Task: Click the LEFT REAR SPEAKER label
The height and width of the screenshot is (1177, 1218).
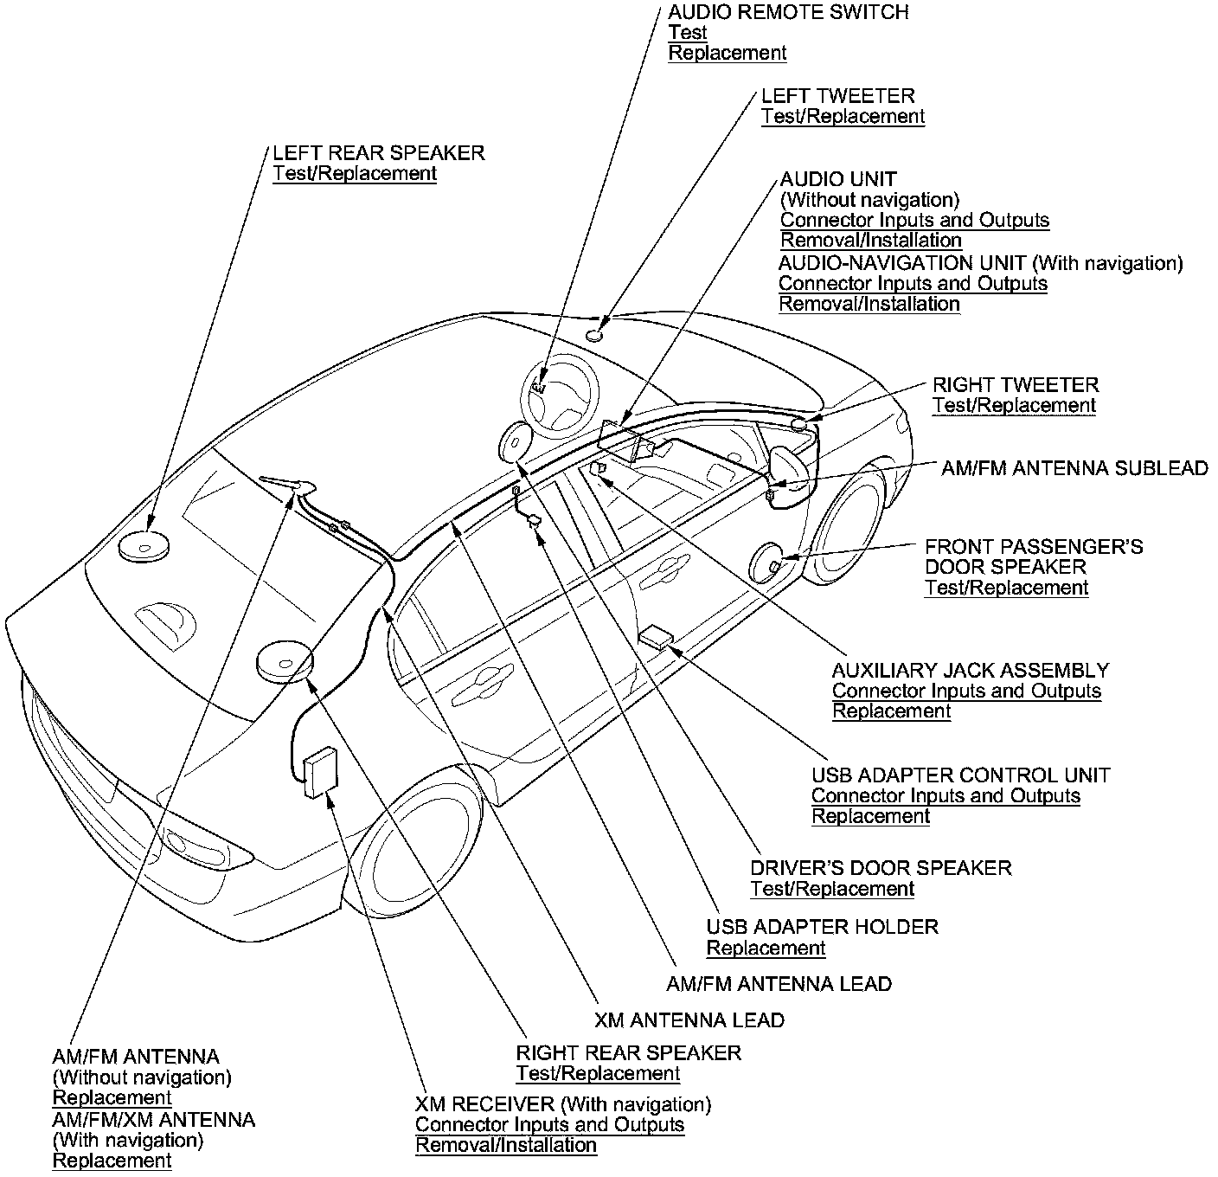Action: click(x=378, y=153)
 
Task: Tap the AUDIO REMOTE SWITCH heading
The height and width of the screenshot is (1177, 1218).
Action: click(x=788, y=12)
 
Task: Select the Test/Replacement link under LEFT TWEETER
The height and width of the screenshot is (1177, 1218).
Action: click(x=843, y=117)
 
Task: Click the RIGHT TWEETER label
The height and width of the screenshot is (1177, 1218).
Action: click(x=1015, y=384)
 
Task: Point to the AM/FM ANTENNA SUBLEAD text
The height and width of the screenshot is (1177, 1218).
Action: click(x=1074, y=468)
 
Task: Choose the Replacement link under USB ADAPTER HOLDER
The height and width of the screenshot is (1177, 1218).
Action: click(x=766, y=948)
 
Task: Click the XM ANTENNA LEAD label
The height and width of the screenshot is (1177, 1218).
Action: click(x=689, y=1019)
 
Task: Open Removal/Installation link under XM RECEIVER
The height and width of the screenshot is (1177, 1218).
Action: click(x=506, y=1145)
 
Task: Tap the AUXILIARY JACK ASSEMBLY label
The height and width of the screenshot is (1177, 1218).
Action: click(x=970, y=670)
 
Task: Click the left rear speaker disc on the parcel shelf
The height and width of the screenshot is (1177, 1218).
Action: click(x=144, y=546)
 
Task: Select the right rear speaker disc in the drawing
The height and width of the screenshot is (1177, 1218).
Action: click(x=283, y=661)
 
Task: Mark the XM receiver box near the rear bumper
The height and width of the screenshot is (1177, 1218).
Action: click(x=321, y=770)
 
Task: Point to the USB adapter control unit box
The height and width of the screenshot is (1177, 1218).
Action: click(x=655, y=639)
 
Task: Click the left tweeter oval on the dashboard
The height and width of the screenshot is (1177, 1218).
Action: click(x=594, y=335)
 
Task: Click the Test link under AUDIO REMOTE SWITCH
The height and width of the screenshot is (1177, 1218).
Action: click(x=688, y=33)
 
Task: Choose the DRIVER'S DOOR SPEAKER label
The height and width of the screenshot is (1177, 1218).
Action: click(x=881, y=867)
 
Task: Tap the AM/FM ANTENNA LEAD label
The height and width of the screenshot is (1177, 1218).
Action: click(x=779, y=983)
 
